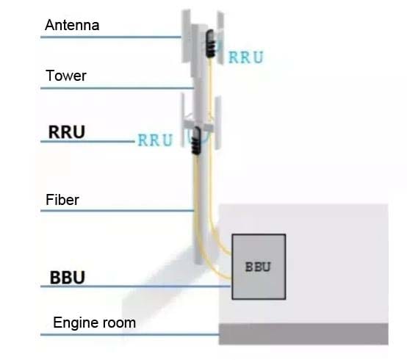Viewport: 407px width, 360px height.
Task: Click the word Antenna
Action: [72, 25]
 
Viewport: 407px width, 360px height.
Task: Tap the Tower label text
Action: [66, 76]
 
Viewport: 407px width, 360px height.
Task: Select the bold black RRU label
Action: [67, 132]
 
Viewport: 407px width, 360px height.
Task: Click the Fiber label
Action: [62, 200]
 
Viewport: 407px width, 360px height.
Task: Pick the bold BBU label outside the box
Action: [68, 278]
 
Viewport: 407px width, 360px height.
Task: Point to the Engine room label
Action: [95, 323]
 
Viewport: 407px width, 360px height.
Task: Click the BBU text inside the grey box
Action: [258, 267]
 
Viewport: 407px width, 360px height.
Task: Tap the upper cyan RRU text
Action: [246, 57]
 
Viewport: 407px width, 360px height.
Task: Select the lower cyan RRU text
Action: [155, 140]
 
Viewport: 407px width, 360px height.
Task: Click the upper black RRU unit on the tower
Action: [211, 43]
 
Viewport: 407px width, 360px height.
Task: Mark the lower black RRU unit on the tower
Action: [196, 140]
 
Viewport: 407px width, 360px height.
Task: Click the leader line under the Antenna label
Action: [111, 37]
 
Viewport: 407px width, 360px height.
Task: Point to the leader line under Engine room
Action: [130, 334]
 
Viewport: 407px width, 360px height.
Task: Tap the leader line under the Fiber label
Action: [118, 211]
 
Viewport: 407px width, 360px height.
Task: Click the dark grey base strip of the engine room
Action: [303, 334]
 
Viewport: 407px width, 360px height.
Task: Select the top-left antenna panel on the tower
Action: [187, 36]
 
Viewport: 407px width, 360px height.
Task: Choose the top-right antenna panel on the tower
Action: [220, 37]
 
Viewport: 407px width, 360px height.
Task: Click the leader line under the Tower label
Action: [118, 88]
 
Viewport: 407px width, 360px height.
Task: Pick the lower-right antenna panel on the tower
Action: [217, 123]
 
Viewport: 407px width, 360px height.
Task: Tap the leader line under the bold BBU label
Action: [136, 287]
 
